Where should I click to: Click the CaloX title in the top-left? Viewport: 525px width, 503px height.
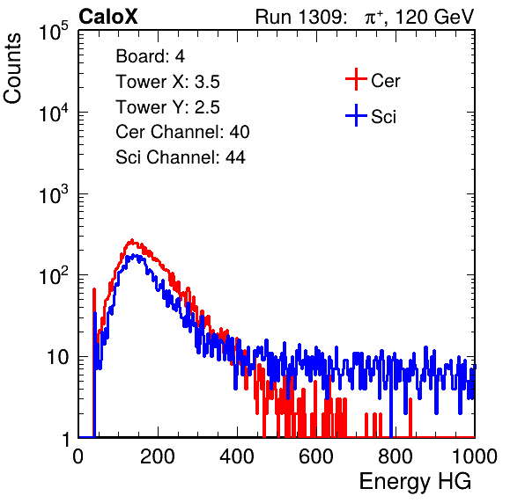click(x=108, y=17)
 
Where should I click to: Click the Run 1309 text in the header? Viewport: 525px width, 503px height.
click(x=300, y=17)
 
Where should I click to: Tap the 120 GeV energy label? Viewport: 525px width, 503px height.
click(x=435, y=17)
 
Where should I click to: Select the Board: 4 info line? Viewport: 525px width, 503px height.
click(x=151, y=56)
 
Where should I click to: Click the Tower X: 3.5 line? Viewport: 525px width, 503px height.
click(x=167, y=82)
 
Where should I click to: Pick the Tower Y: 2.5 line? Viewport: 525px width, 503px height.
click(x=167, y=107)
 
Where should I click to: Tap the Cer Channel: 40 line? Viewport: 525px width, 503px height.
click(x=182, y=132)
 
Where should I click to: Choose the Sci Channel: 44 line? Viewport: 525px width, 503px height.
click(x=181, y=157)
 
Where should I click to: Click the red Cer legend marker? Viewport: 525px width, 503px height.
click(x=356, y=79)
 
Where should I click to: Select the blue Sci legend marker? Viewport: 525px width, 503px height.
click(x=356, y=116)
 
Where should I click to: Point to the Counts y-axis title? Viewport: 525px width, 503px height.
click(x=12, y=69)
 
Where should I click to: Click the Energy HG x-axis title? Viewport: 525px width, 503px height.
click(x=415, y=482)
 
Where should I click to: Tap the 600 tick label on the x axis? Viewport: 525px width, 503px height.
click(x=316, y=456)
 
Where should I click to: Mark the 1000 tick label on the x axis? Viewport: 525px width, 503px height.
click(x=475, y=456)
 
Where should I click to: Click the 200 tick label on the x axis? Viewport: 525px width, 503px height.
click(x=158, y=456)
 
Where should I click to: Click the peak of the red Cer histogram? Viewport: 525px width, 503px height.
click(x=132, y=240)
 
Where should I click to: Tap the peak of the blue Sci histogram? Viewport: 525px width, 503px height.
click(x=134, y=255)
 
